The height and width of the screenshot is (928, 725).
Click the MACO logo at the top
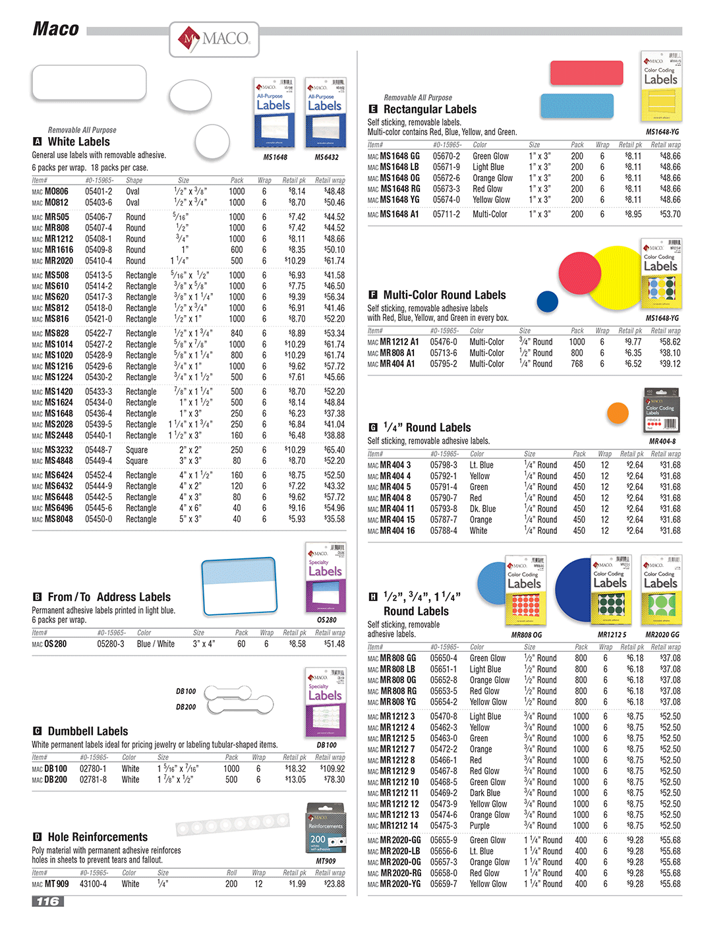click(x=214, y=40)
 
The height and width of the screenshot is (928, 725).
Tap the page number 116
click(x=47, y=901)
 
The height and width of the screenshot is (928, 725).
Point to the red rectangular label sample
click(x=586, y=72)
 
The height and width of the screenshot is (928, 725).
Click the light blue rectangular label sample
click(x=577, y=105)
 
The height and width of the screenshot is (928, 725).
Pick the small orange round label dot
click(x=618, y=413)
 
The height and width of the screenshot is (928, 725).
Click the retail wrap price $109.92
click(x=333, y=768)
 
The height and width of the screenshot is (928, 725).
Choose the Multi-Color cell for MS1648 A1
click(x=490, y=214)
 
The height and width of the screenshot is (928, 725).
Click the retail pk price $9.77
click(x=633, y=342)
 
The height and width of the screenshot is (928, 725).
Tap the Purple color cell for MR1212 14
click(x=479, y=826)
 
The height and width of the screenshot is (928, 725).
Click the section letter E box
click(x=372, y=109)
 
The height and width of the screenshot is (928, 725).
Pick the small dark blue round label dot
click(x=547, y=301)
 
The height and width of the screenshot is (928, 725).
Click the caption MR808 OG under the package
click(x=527, y=635)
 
